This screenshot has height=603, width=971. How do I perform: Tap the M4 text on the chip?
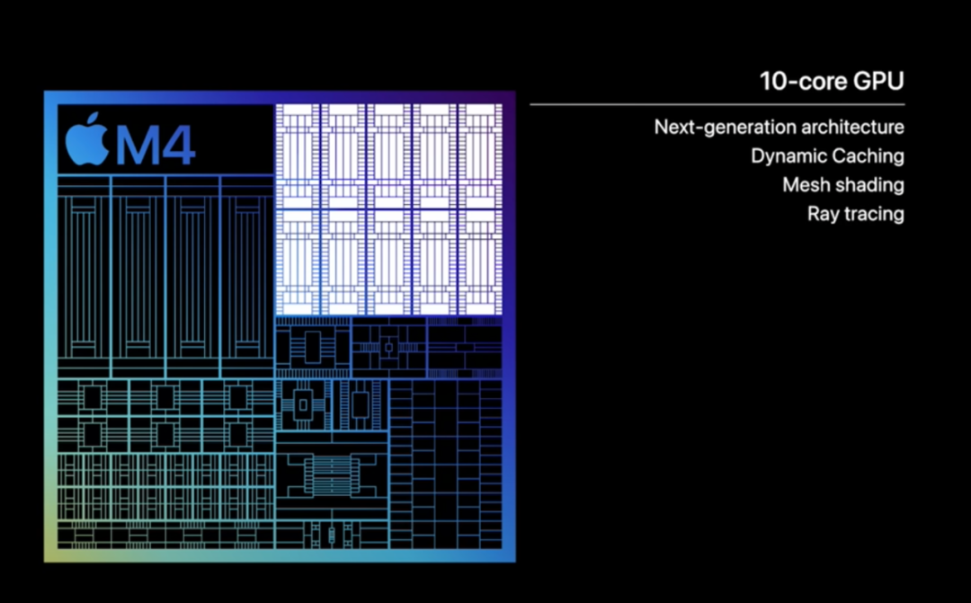point(156,145)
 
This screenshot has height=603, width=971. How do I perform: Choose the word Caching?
point(867,156)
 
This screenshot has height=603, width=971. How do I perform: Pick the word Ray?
point(822,214)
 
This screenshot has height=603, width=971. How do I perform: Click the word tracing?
point(873,214)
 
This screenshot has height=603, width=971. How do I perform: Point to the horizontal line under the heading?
point(717,104)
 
